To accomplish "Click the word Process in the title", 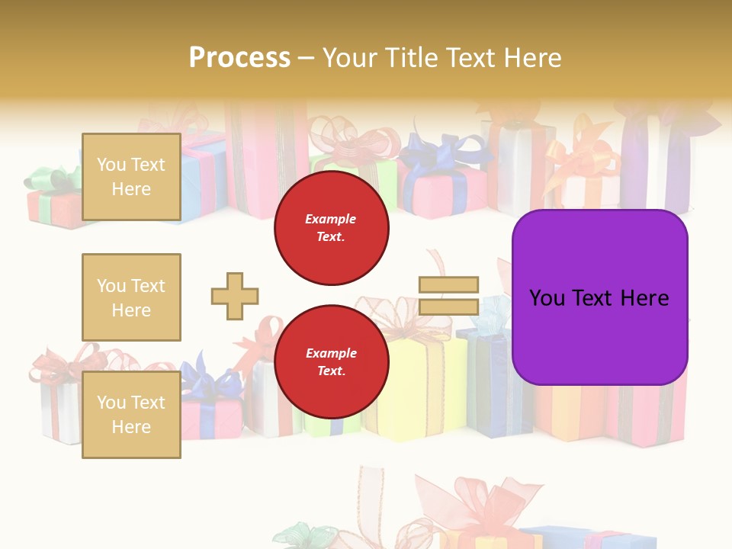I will coord(239,57).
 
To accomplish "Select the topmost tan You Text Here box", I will coord(131,177).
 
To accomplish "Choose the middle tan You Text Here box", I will coord(131,297).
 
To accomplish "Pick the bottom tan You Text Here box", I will coord(131,415).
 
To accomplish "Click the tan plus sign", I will coord(235,296).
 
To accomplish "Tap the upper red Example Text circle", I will coord(332,228).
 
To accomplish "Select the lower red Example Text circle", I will coord(332,362).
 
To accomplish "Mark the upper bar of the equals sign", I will coord(448,285).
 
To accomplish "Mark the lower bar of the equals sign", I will coord(448,307).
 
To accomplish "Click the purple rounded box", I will coord(599,297).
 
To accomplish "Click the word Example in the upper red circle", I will coord(331,219).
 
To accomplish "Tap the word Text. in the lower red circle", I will coord(331,371).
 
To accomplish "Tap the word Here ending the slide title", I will coord(535,57).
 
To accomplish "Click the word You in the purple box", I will coord(547,298).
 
